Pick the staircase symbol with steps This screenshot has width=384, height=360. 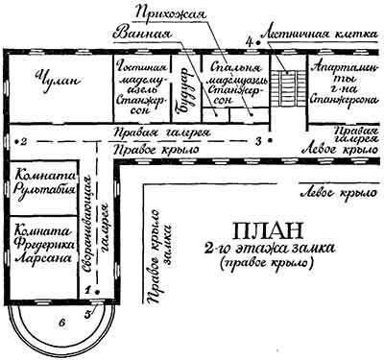pos(285,84)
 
